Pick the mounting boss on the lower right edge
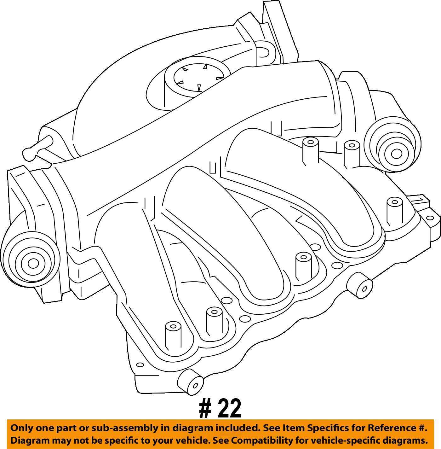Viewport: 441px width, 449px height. pos(360,285)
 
